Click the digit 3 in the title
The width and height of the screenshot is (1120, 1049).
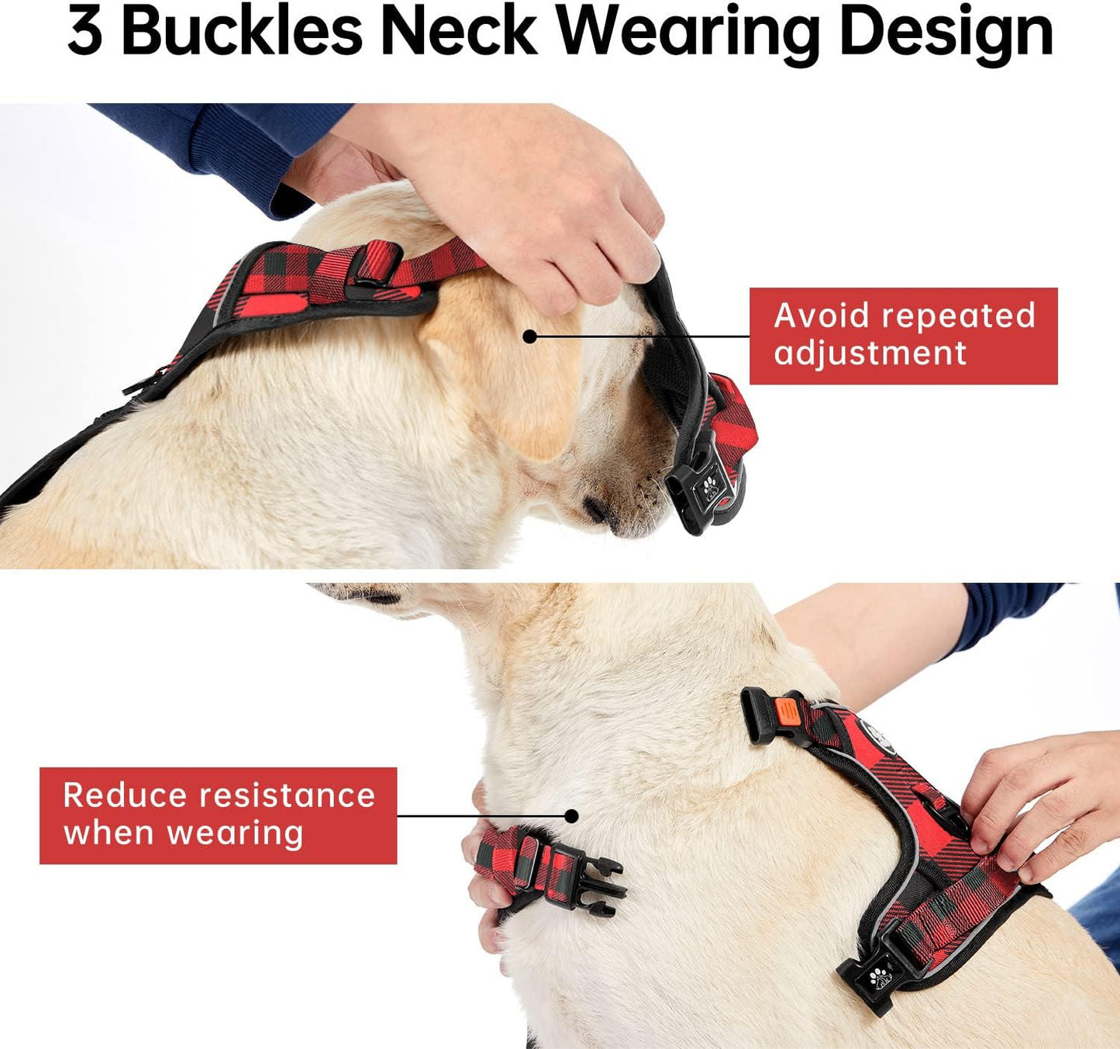tap(84, 32)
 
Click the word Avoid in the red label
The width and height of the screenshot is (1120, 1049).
tap(821, 316)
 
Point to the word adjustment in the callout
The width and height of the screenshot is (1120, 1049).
tap(870, 354)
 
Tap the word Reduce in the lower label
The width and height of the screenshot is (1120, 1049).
tap(125, 795)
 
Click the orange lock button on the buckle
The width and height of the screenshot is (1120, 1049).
tap(786, 709)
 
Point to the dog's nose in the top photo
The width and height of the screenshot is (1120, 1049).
tap(598, 510)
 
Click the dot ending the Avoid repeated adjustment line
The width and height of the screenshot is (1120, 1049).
tap(529, 336)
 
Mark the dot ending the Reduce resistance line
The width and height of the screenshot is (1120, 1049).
tap(571, 816)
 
